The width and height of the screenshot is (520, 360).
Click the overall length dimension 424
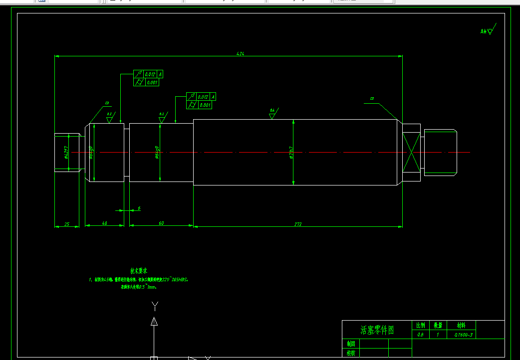pyautogui.click(x=241, y=53)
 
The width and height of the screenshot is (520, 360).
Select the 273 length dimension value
pyautogui.click(x=298, y=224)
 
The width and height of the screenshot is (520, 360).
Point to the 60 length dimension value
pyautogui.click(x=161, y=223)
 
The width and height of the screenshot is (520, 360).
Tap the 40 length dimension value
pyautogui.click(x=104, y=223)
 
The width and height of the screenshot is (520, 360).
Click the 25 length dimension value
pyautogui.click(x=67, y=224)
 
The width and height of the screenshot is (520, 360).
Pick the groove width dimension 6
pyautogui.click(x=139, y=208)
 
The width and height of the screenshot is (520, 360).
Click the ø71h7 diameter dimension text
pyautogui.click(x=291, y=153)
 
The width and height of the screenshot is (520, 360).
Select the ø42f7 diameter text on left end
pyautogui.click(x=66, y=152)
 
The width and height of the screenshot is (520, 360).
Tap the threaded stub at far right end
pyautogui.click(x=440, y=152)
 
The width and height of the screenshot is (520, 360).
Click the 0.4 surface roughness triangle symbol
pyautogui.click(x=272, y=115)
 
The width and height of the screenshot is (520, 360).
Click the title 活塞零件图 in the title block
pyautogui.click(x=377, y=330)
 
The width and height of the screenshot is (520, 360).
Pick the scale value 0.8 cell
pyautogui.click(x=420, y=335)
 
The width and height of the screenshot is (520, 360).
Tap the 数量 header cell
pyautogui.click(x=438, y=325)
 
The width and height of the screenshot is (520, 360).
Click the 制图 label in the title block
pyautogui.click(x=351, y=344)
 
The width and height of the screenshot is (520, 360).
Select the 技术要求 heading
pyautogui.click(x=139, y=271)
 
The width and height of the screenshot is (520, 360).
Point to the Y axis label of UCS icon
pyautogui.click(x=155, y=305)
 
